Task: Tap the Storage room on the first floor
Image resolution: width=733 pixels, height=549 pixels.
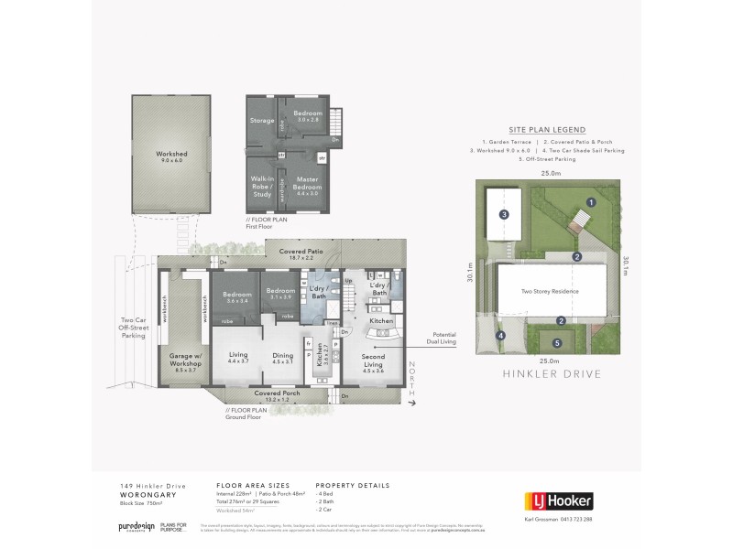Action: [x=263, y=120]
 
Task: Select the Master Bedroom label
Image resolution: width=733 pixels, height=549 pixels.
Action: [x=307, y=185]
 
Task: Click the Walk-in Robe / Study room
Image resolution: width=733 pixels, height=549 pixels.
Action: [x=263, y=184]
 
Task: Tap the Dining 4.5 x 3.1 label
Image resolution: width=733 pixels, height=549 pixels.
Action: [x=282, y=360]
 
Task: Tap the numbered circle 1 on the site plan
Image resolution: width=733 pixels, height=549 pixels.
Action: [x=591, y=201]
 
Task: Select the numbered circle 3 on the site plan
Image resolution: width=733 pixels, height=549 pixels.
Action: [x=504, y=215]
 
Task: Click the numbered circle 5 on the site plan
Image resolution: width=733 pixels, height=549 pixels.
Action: [x=557, y=343]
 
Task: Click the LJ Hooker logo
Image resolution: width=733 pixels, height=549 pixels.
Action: [x=558, y=501]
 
